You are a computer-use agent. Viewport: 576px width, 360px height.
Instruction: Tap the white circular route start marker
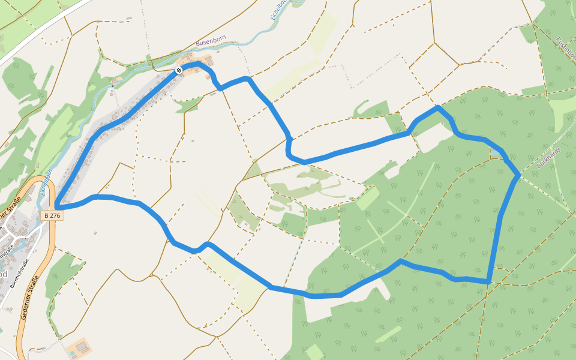[x=178, y=71]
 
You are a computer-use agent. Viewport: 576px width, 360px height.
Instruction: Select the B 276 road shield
[x=52, y=215]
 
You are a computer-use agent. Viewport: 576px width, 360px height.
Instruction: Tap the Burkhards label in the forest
[x=549, y=157]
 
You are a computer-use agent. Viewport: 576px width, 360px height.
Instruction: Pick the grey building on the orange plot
[x=82, y=347]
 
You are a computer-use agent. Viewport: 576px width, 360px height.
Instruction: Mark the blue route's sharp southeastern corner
[x=490, y=281]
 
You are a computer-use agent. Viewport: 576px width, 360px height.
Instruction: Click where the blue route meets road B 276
[x=56, y=208]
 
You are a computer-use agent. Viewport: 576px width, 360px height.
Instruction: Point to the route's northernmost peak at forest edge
[x=439, y=107]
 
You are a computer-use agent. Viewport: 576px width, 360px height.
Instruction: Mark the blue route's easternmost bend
[x=518, y=175]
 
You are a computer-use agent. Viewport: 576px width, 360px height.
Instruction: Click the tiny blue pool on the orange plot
[x=73, y=353]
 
